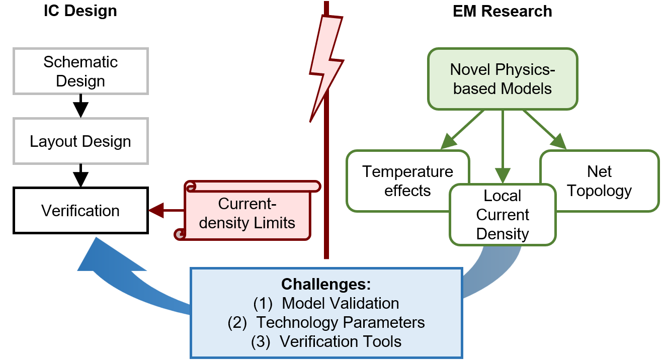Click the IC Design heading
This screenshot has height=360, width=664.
[x=80, y=11]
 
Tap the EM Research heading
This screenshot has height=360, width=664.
[x=502, y=11]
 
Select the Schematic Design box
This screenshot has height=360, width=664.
[x=80, y=71]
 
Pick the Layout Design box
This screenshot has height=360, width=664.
[x=80, y=141]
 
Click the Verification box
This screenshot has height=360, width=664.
[x=80, y=210]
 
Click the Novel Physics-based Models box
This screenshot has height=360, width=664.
[x=502, y=79]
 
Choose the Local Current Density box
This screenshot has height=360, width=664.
[x=502, y=215]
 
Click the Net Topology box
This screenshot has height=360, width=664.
[x=599, y=181]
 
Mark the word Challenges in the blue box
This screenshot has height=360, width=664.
[x=326, y=284]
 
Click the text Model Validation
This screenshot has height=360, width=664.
[x=340, y=303]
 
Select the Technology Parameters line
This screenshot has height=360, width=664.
[x=341, y=322]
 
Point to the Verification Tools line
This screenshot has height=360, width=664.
[x=341, y=341]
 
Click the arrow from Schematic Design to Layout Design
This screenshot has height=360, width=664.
[x=80, y=106]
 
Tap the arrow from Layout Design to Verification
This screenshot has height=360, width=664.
[x=80, y=175]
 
